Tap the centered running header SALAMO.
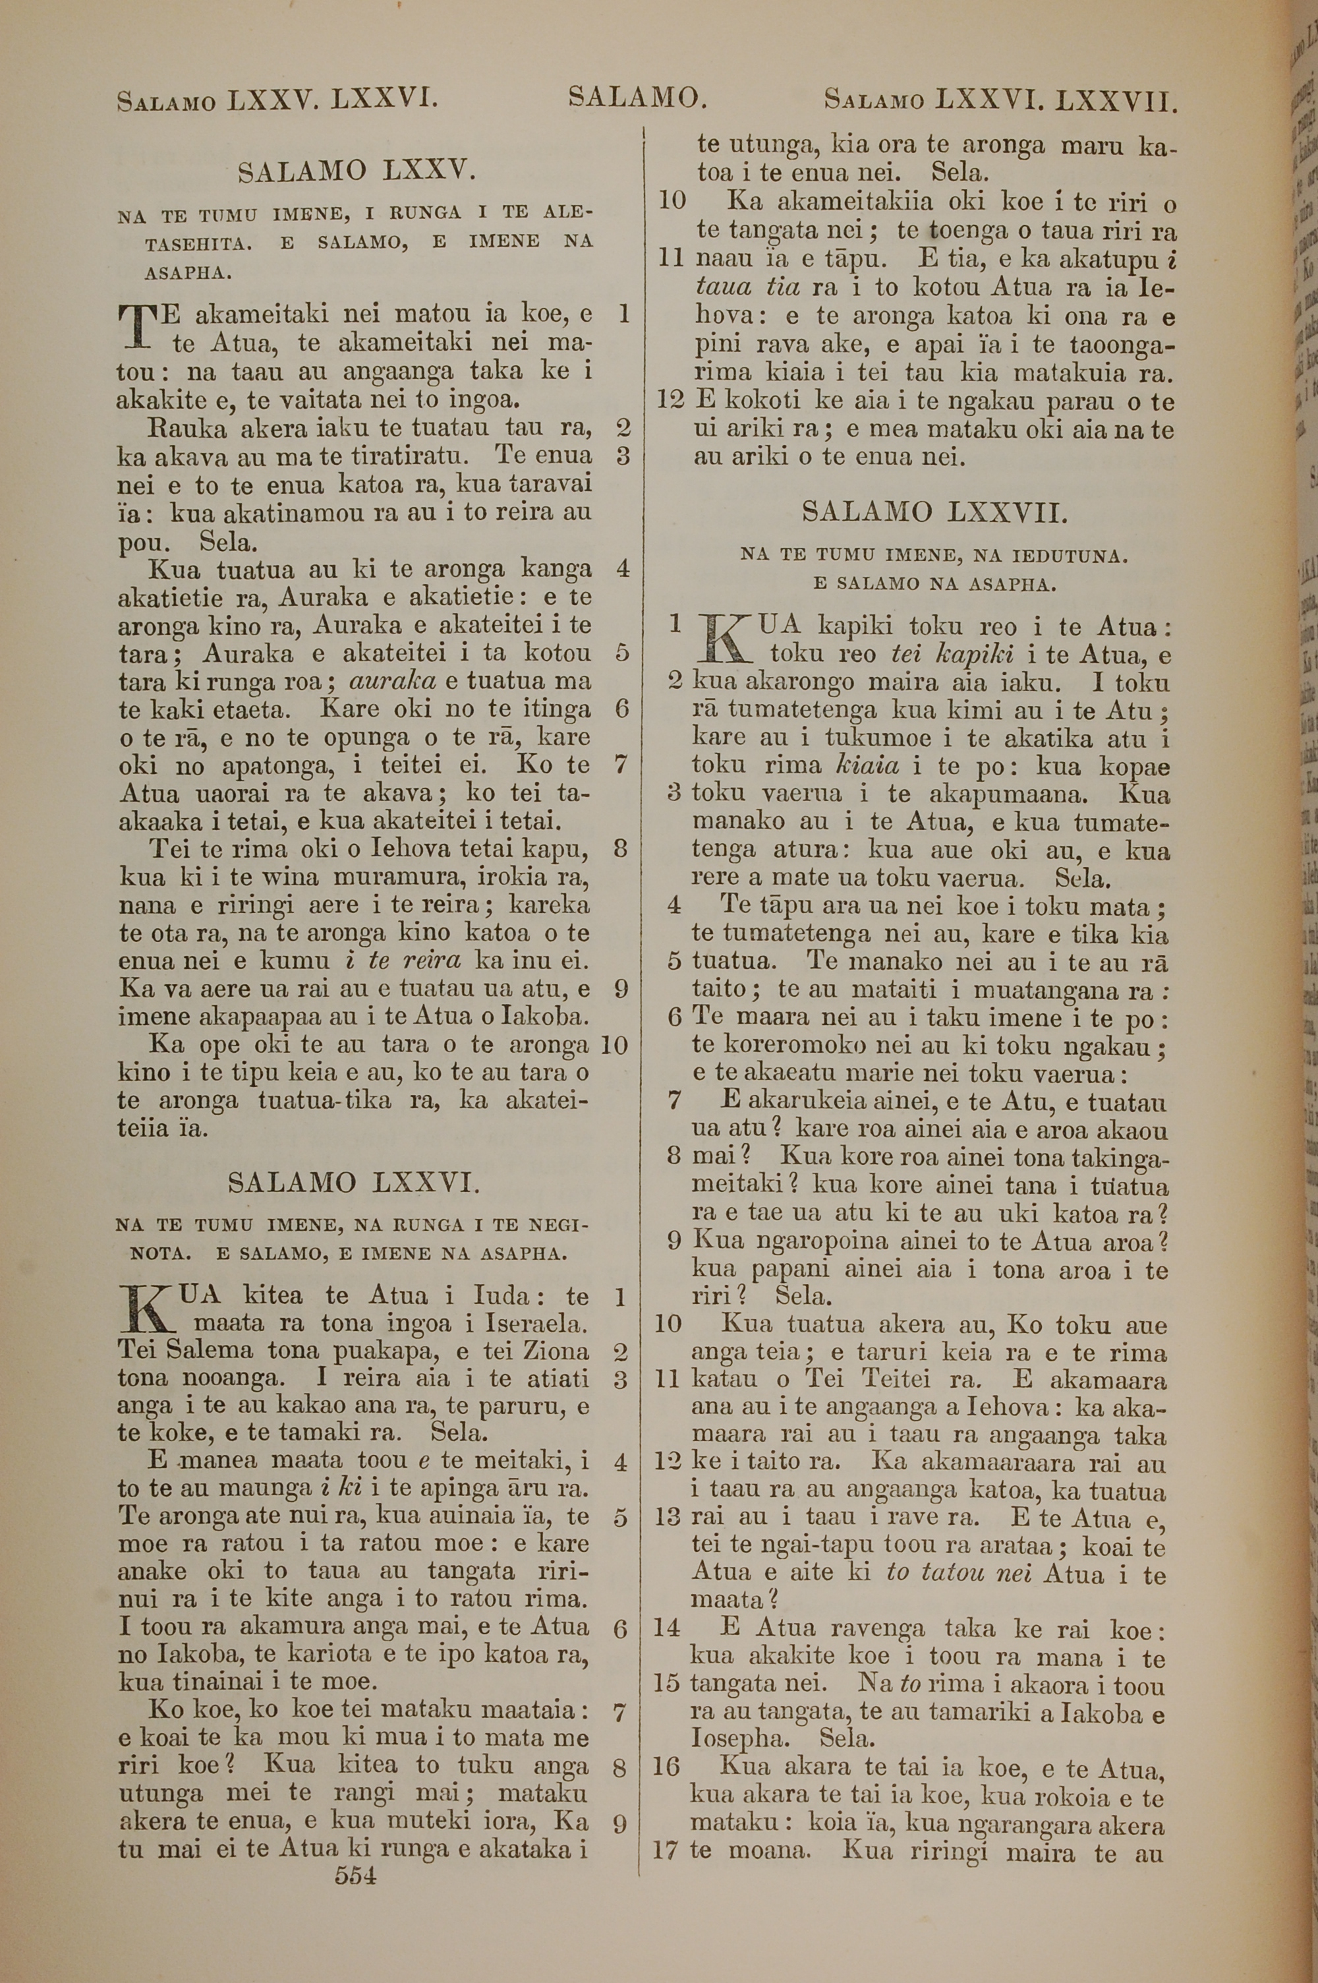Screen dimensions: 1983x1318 tap(637, 98)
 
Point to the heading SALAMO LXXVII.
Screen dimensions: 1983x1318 tap(934, 512)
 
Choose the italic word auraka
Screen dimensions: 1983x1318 tap(391, 680)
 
